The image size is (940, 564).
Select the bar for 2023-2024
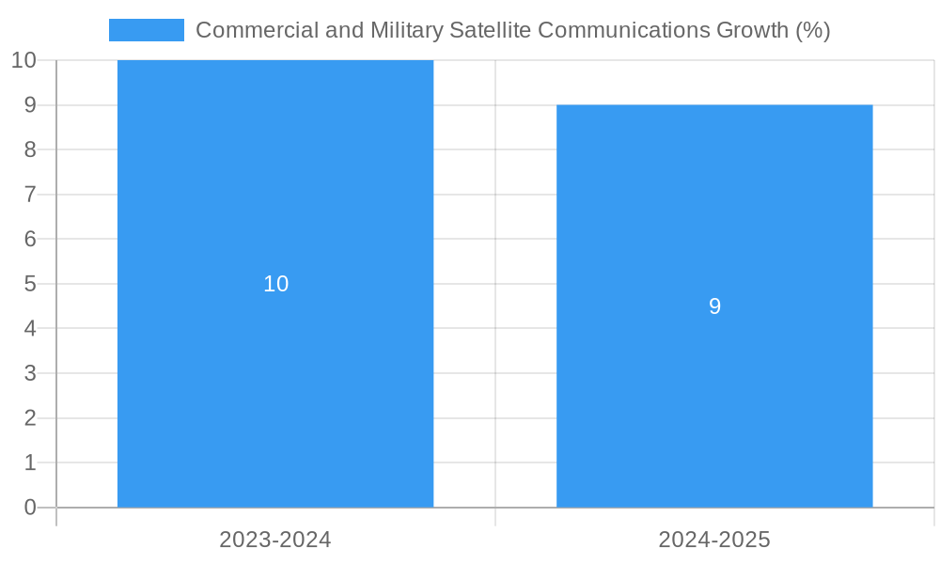click(x=275, y=376)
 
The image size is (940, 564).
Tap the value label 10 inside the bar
click(x=275, y=284)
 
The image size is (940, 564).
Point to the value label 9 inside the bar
click(x=714, y=306)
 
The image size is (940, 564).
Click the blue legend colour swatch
click(x=146, y=30)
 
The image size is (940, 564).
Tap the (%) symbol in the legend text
click(x=812, y=30)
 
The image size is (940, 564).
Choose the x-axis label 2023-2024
click(x=275, y=540)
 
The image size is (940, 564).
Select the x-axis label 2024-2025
click(x=714, y=540)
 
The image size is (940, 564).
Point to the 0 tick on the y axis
click(x=30, y=508)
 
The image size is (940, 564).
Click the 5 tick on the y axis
click(x=30, y=284)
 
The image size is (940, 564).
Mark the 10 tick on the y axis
click(x=23, y=60)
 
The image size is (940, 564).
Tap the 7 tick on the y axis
click(x=30, y=195)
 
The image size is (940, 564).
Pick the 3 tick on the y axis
click(x=30, y=373)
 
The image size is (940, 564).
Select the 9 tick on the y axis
click(x=30, y=105)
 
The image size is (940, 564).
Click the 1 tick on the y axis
click(x=30, y=462)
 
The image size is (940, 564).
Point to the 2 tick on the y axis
click(x=30, y=418)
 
